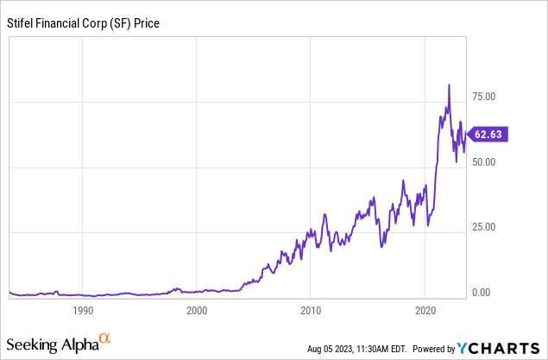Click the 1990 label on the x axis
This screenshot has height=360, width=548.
83,310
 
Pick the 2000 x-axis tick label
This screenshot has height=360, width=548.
197,310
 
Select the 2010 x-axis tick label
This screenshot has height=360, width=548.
311,310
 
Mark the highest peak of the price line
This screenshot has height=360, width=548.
449,85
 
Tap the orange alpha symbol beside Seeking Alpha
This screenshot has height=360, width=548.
104,339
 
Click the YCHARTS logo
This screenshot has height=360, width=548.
501,348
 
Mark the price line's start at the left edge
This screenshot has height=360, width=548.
9,294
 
